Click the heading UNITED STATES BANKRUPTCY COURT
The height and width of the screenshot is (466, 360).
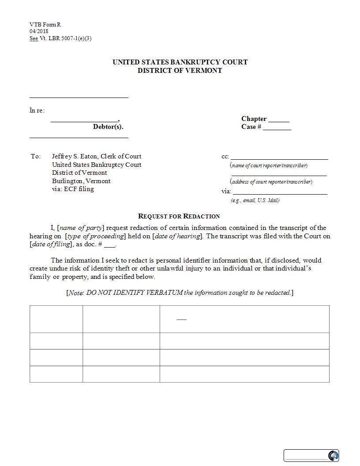click(x=180, y=62)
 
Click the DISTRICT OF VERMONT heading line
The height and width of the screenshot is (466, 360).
click(x=180, y=71)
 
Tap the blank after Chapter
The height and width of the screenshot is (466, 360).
click(x=279, y=120)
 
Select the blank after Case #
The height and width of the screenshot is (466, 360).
click(x=277, y=128)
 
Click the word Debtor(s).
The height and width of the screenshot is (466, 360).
click(x=108, y=127)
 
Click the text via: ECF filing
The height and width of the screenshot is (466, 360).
click(x=73, y=189)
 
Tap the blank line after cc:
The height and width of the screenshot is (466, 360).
click(x=279, y=157)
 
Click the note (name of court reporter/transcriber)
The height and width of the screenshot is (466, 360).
click(x=269, y=165)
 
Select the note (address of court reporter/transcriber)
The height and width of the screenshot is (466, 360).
click(x=271, y=181)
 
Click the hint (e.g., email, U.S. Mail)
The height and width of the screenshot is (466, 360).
click(x=255, y=200)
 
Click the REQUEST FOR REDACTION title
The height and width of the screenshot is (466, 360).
click(x=179, y=216)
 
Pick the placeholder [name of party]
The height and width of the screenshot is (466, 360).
click(x=81, y=228)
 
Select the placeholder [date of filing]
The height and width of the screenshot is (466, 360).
click(x=51, y=244)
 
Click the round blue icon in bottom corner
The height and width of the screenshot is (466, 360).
click(x=333, y=455)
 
